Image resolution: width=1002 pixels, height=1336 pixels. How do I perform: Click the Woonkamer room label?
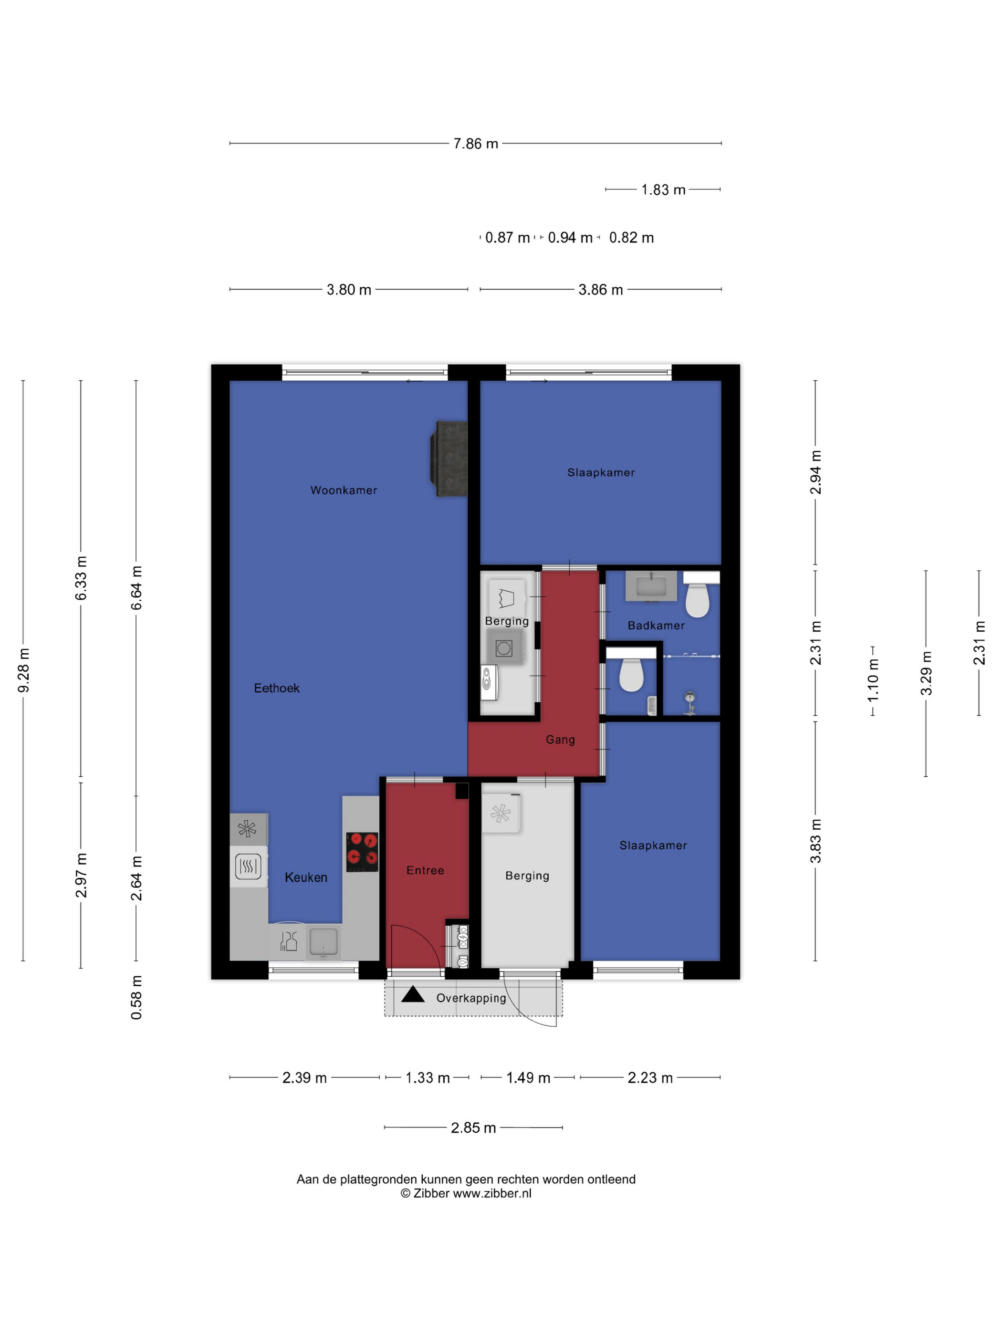point(344,490)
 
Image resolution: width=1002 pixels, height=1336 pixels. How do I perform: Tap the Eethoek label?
point(277,688)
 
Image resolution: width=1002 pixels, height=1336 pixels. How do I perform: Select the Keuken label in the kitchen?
point(306,877)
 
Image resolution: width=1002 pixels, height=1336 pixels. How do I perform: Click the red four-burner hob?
point(362,852)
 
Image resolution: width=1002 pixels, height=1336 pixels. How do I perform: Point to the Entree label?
point(425,870)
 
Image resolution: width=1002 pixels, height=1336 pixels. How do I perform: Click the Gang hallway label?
point(560,740)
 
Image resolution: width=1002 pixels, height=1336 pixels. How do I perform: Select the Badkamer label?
point(656,626)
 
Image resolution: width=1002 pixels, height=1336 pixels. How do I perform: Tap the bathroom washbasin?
point(650,586)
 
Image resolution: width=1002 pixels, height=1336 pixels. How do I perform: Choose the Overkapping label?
point(471,998)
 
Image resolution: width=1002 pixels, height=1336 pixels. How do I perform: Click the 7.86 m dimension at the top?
point(476,144)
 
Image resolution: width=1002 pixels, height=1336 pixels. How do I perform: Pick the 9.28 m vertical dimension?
point(23,670)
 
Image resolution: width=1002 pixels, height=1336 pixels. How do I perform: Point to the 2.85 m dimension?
point(473,1127)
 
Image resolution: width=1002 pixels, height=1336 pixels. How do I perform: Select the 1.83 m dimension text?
point(663,189)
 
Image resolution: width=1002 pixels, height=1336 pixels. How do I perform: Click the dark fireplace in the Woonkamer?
point(449,459)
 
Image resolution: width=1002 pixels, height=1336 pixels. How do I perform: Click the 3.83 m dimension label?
point(816,841)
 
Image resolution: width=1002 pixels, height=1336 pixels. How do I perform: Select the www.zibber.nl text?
point(492,1193)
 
